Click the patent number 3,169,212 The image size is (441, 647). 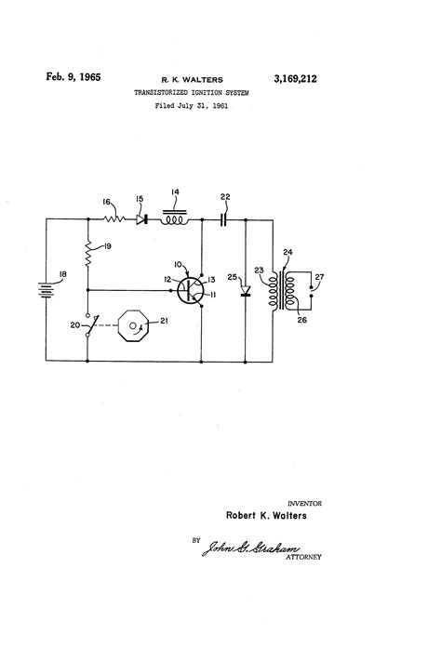(292, 81)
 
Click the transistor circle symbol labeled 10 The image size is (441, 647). (191, 290)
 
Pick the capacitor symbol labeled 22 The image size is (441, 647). (223, 220)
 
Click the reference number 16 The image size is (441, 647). (107, 202)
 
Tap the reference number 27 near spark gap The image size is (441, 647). (319, 276)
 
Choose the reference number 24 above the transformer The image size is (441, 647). (287, 251)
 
